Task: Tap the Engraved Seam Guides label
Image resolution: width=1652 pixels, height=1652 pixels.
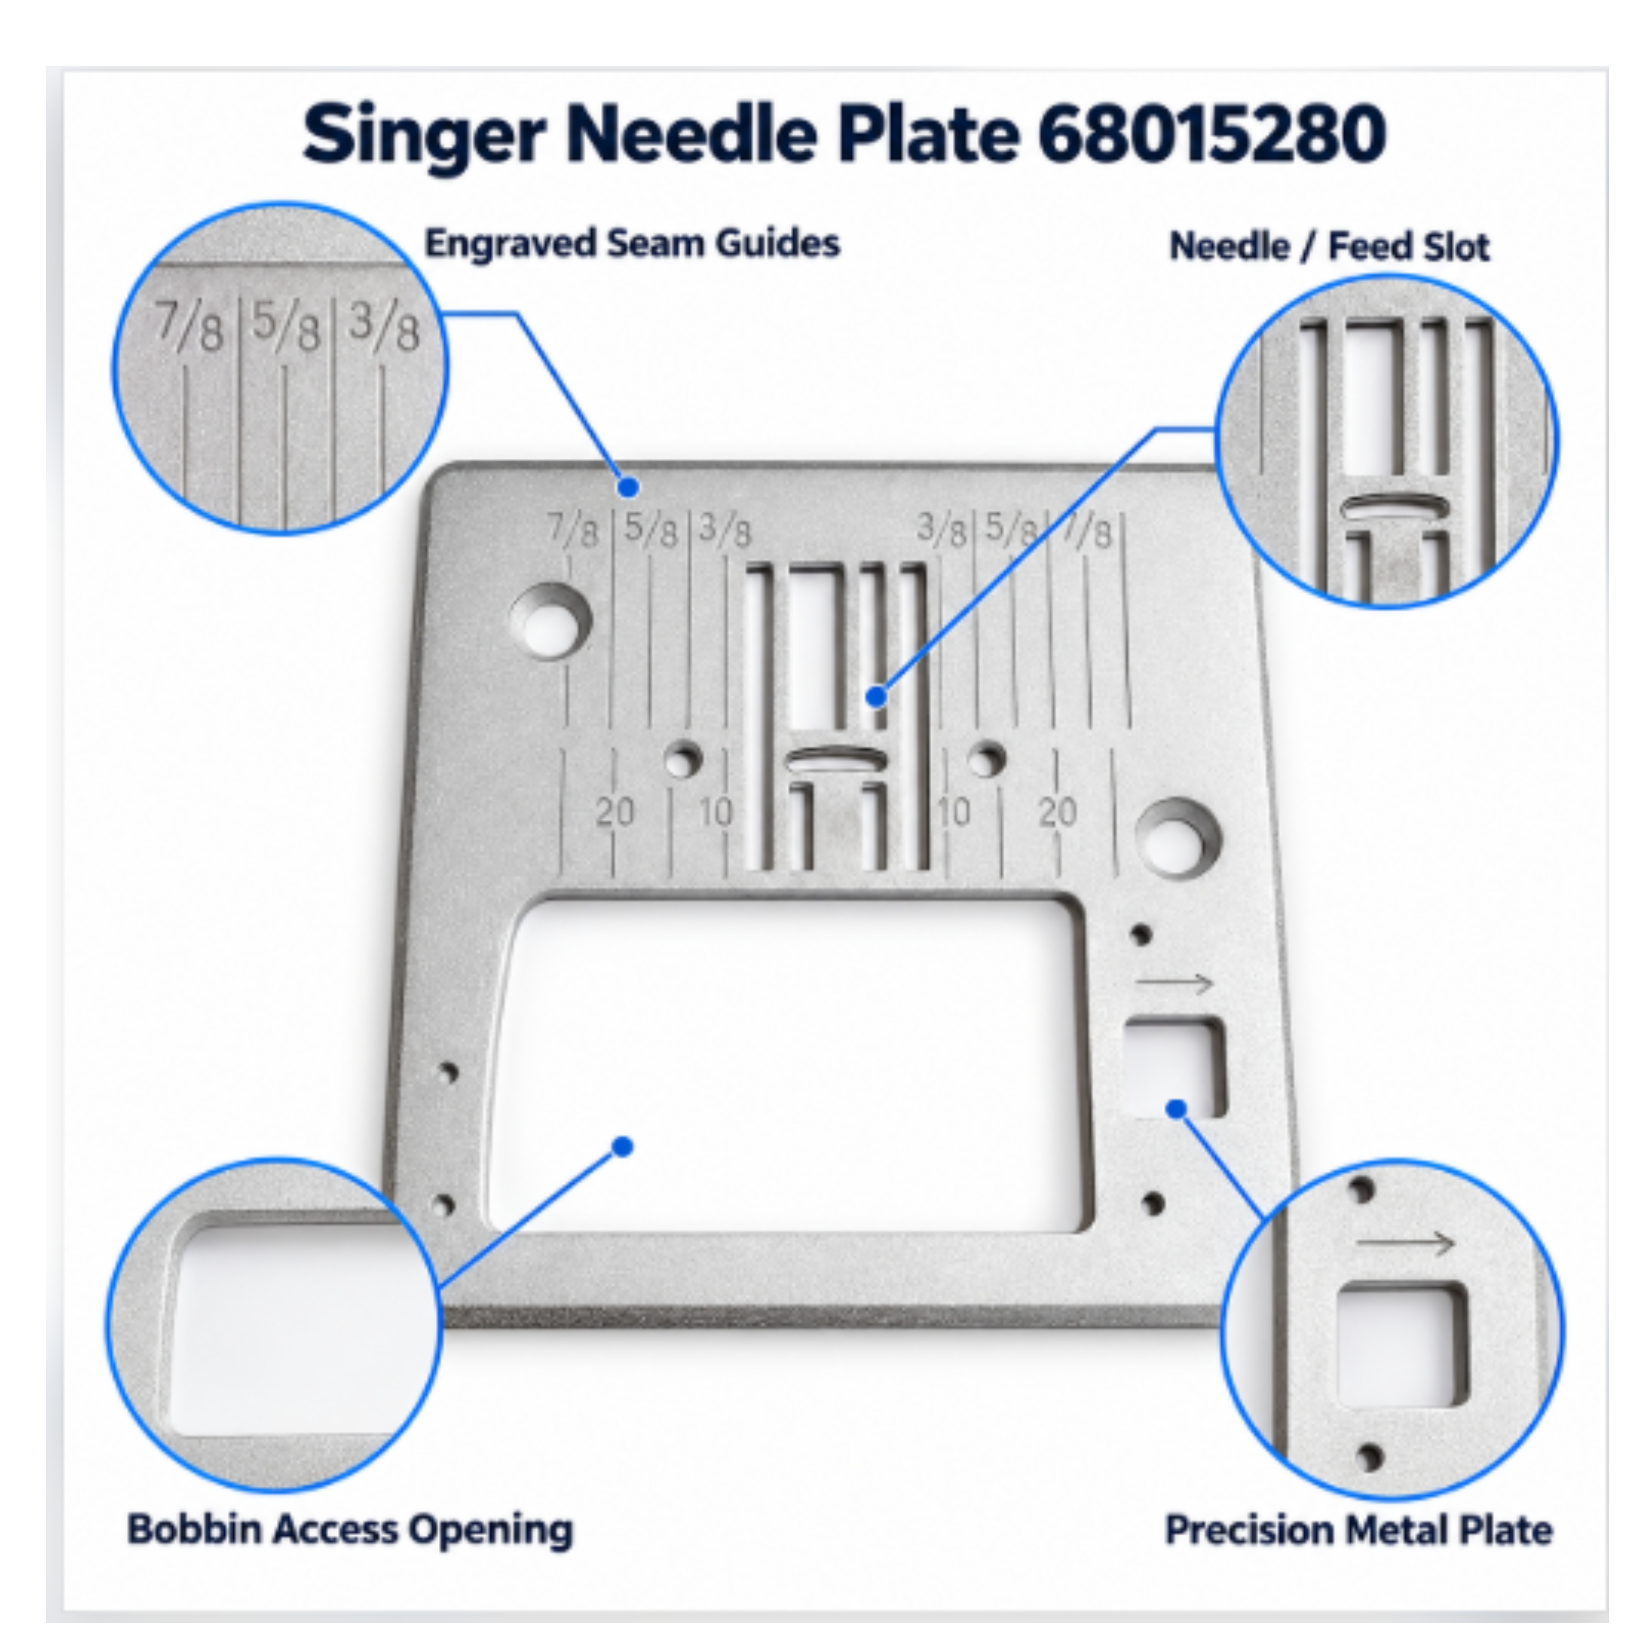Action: point(633,244)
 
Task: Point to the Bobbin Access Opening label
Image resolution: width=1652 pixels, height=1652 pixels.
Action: point(350,1529)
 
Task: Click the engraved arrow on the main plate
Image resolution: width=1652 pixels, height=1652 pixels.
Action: point(1174,984)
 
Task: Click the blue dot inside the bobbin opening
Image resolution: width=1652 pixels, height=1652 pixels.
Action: point(623,1146)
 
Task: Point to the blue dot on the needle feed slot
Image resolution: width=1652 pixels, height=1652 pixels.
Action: point(876,696)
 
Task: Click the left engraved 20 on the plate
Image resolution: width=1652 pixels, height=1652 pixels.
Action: point(615,811)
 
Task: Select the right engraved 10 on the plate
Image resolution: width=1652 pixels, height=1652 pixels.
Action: point(954,811)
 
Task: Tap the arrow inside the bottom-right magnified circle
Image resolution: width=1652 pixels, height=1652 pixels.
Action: point(1405,1242)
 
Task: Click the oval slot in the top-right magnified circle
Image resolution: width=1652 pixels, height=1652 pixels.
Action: point(1393,508)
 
